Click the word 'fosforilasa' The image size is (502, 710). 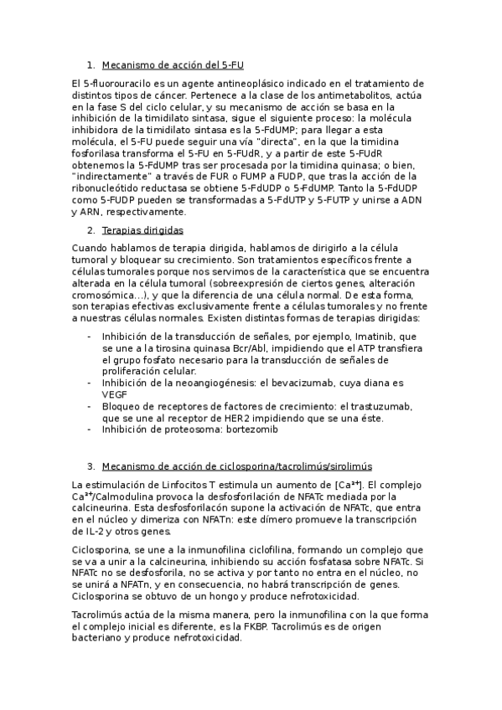(x=97, y=154)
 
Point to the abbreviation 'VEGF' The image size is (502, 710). (x=115, y=394)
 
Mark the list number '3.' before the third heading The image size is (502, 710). (x=91, y=466)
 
